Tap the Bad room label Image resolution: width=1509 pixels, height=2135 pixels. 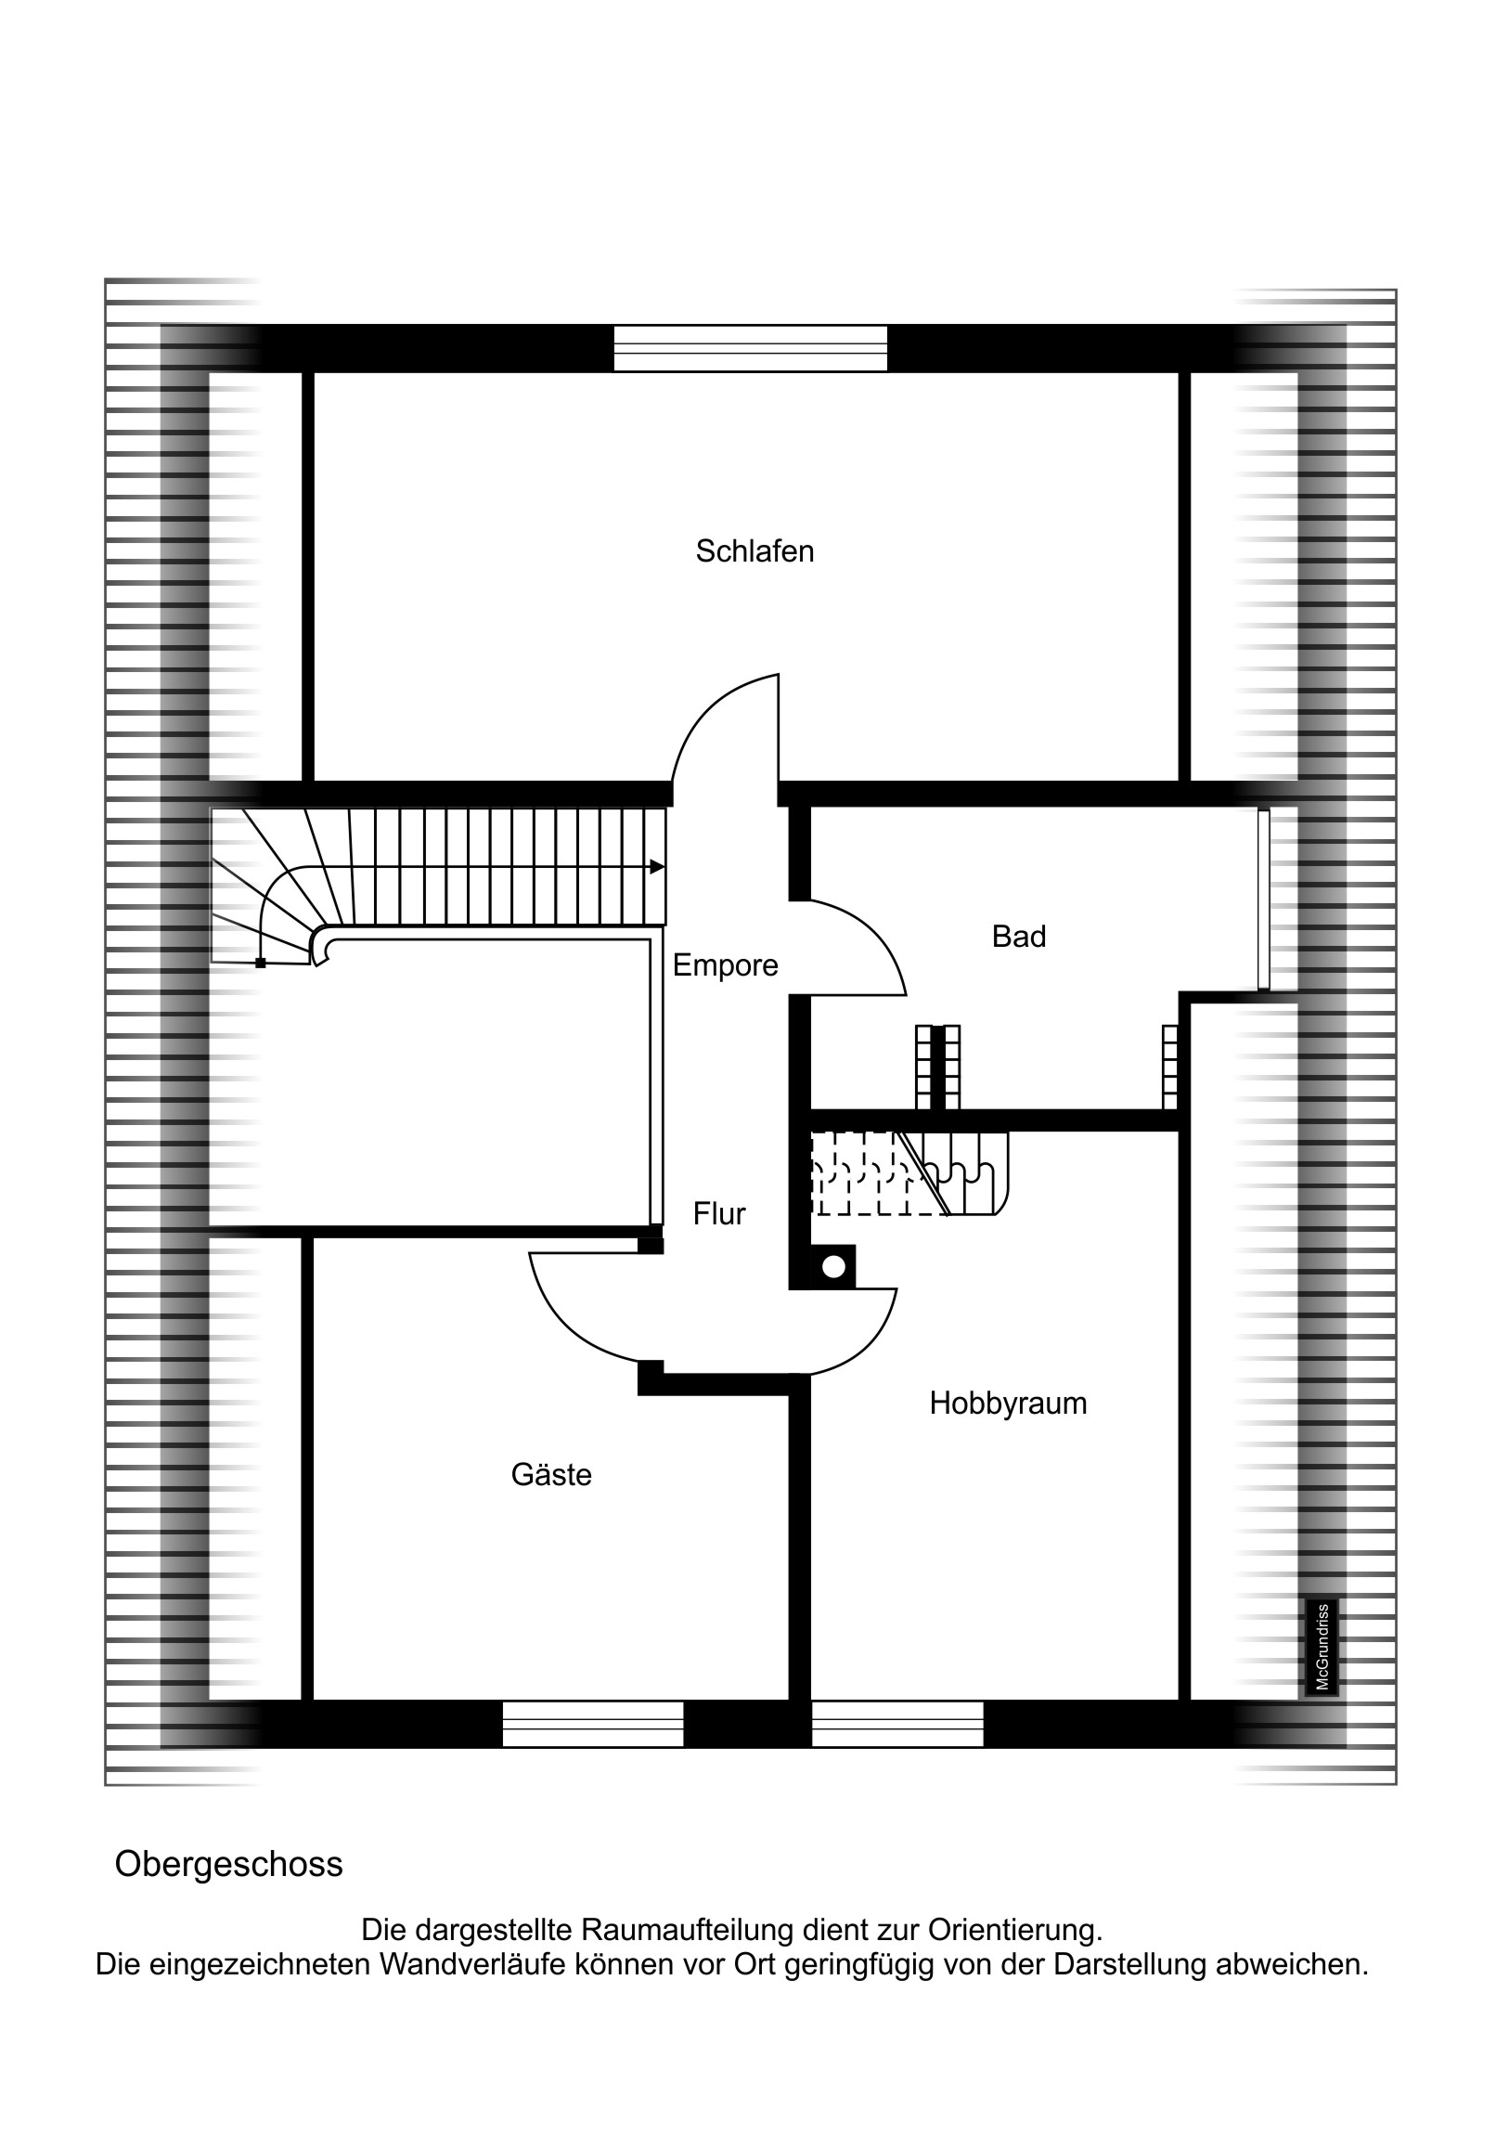pyautogui.click(x=1019, y=937)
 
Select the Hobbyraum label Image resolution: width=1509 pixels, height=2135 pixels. pyautogui.click(x=1008, y=1404)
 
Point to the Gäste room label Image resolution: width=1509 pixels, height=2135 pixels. pyautogui.click(x=551, y=1474)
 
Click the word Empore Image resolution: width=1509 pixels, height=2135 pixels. pyautogui.click(x=725, y=966)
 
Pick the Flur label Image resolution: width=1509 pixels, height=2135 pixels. pyautogui.click(x=718, y=1213)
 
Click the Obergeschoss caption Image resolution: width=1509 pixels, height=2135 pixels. pyautogui.click(x=228, y=1864)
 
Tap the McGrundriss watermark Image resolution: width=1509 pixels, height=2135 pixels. pyautogui.click(x=1322, y=1646)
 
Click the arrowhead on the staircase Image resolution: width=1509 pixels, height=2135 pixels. pyautogui.click(x=657, y=867)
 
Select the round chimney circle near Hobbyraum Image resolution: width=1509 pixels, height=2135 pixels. pyautogui.click(x=834, y=1266)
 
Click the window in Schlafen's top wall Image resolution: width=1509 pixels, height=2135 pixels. pyautogui.click(x=750, y=349)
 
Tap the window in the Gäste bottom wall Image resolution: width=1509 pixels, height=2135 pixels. pyautogui.click(x=593, y=1725)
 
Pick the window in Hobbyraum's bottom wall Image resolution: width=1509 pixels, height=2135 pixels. pyautogui.click(x=897, y=1725)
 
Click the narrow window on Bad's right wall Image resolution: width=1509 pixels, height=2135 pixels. pyautogui.click(x=1264, y=899)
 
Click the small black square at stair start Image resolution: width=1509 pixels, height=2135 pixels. pyautogui.click(x=261, y=964)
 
